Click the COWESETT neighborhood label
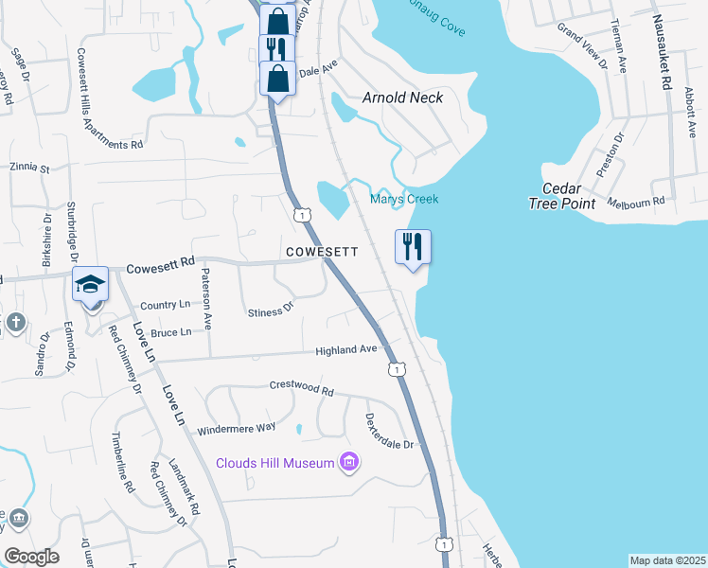pos(323,252)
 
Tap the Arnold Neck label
pos(403,97)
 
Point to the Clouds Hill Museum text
pos(275,462)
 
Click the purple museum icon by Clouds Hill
pos(349,462)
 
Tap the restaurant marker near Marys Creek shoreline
pos(413,248)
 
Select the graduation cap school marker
pos(91,285)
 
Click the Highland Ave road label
pos(346,350)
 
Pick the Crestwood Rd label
pos(302,389)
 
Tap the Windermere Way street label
pos(236,429)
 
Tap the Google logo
pos(31,557)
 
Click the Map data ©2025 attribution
pos(667,560)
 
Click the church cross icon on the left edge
pos(15,323)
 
